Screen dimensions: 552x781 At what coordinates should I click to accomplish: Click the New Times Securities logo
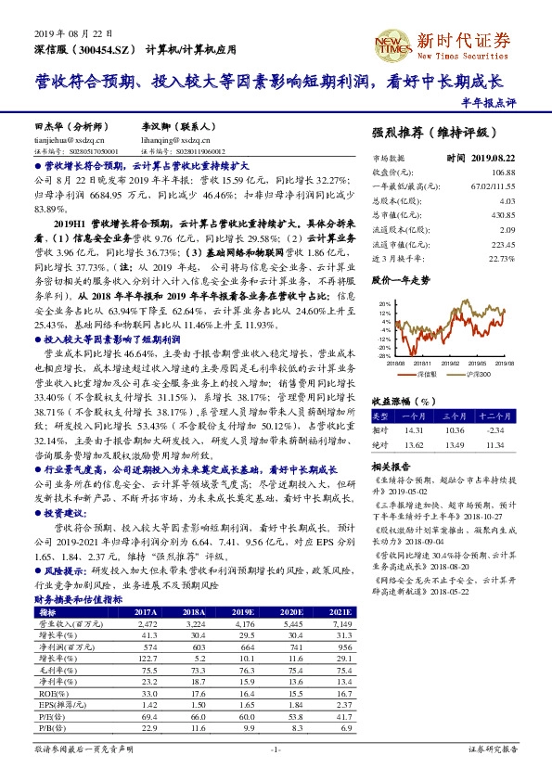(x=463, y=41)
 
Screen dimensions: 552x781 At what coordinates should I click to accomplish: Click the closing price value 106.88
(x=502, y=173)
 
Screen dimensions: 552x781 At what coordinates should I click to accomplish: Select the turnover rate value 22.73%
(x=500, y=258)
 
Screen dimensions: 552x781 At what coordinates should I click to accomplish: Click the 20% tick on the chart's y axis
(x=384, y=303)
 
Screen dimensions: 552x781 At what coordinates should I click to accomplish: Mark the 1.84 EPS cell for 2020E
(x=295, y=705)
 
